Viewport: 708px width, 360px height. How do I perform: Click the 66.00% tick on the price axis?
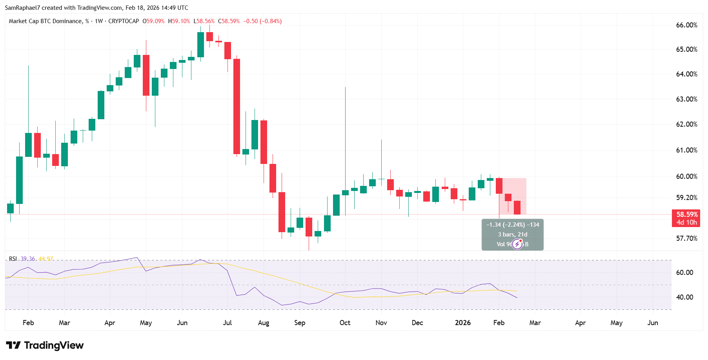(x=686, y=25)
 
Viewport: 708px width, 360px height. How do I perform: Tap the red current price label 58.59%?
(x=687, y=215)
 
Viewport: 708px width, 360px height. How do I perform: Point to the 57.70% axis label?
(x=686, y=238)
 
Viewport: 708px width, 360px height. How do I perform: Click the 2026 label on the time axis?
(x=462, y=323)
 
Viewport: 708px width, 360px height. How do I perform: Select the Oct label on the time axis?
(x=345, y=323)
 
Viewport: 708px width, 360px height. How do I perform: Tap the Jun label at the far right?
(x=652, y=323)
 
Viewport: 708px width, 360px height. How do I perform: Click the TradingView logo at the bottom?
(x=45, y=345)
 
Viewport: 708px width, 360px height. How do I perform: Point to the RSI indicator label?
(x=13, y=259)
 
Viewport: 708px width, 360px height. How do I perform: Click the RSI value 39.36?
(x=28, y=259)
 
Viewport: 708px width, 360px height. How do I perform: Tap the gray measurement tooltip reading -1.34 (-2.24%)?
(x=512, y=225)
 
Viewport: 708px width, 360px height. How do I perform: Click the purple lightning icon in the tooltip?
(x=517, y=244)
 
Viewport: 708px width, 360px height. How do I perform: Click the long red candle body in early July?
(x=237, y=106)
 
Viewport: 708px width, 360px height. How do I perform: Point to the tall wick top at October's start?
(x=345, y=88)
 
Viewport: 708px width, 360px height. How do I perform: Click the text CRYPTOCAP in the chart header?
(x=124, y=21)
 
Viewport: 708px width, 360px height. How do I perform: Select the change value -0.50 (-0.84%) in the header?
(x=262, y=21)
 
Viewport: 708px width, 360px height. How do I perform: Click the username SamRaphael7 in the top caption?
(x=22, y=8)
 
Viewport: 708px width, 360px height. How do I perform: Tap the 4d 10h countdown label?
(x=687, y=222)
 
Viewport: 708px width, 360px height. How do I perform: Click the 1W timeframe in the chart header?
(x=99, y=21)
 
